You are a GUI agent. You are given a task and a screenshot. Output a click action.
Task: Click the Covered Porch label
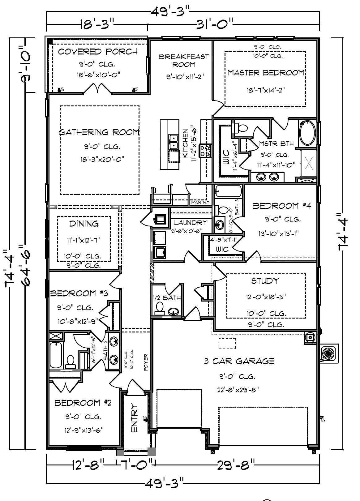pos(98,51)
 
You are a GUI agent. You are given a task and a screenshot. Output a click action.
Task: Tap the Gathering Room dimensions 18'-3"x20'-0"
pos(101,160)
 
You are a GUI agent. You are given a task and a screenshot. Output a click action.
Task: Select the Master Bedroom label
pos(266,73)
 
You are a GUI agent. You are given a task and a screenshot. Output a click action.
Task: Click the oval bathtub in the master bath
pos(307,133)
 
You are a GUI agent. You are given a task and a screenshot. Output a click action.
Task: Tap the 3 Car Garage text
pos(239,361)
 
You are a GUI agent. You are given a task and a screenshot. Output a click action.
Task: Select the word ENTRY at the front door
pos(134,417)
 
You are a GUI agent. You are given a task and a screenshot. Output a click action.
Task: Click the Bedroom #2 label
pos(83,403)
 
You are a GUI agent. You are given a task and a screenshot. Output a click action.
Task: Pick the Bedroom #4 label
pos(282,206)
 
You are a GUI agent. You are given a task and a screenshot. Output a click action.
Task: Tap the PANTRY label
pos(200,202)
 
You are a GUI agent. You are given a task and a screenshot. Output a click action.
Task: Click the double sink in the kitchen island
pos(173,142)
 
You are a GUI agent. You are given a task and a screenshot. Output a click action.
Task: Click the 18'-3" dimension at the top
pos(97,24)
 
